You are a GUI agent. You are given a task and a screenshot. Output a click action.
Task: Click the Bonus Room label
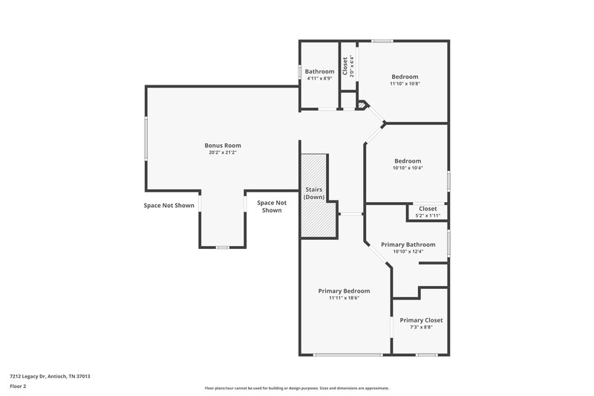tap(223, 145)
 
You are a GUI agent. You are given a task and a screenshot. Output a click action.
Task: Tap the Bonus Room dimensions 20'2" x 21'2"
tap(223, 153)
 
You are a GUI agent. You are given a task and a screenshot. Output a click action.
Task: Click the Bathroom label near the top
tap(319, 71)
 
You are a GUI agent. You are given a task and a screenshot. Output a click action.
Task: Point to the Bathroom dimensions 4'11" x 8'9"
tap(319, 79)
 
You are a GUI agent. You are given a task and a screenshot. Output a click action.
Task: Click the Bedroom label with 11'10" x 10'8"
tap(405, 77)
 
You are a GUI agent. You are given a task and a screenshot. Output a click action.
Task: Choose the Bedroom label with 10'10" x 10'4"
tap(407, 161)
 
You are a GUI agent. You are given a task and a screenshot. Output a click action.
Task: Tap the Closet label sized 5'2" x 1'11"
tap(428, 209)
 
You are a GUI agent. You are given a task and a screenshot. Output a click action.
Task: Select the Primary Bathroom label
tap(408, 244)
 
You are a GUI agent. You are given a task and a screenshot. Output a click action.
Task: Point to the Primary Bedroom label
tap(344, 290)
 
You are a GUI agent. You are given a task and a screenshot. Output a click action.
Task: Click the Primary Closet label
tap(421, 320)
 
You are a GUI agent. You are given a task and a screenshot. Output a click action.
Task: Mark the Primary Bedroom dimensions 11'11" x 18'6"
tap(344, 298)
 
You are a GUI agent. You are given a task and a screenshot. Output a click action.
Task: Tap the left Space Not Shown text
tap(169, 205)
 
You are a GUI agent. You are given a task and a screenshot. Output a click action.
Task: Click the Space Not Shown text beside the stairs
tap(271, 206)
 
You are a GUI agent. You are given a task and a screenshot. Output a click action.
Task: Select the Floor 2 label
tap(18, 386)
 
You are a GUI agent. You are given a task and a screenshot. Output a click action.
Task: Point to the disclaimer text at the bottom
tap(296, 388)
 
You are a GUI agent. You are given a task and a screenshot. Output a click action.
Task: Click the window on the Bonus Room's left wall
tap(146, 138)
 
